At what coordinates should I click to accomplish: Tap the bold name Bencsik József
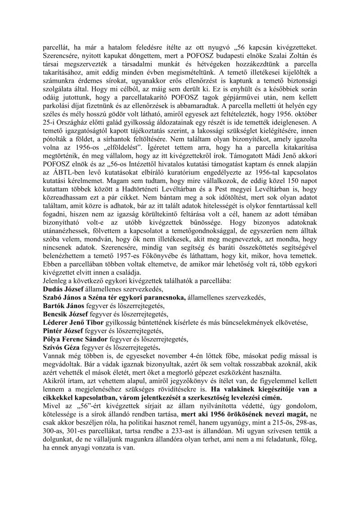pyautogui.click(x=64, y=313)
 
